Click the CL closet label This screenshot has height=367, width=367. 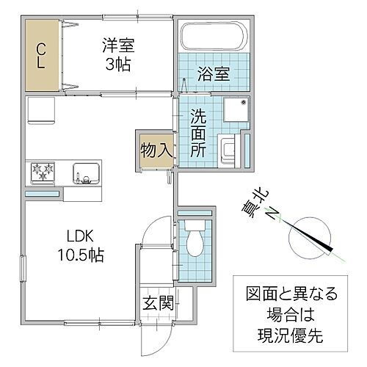coord(42,54)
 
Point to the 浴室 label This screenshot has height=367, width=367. coord(211,73)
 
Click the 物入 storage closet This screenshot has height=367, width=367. coord(155,153)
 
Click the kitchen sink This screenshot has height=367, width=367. coord(87,174)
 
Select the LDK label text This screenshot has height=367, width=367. coord(80,238)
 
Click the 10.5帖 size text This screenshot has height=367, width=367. coord(80,256)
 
